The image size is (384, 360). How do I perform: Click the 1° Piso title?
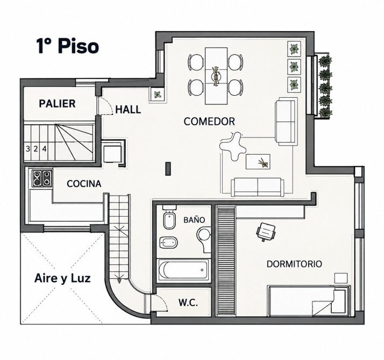pos(68,46)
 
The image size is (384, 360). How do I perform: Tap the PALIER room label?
pos(57,104)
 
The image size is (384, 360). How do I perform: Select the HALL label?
pos(128,110)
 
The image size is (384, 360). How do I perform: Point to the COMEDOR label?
pos(209,121)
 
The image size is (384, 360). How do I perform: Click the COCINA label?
pos(84,184)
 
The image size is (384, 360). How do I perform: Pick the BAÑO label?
pos(194,220)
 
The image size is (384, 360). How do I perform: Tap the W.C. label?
pos(188,303)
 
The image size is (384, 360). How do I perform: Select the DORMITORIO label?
pos(294,264)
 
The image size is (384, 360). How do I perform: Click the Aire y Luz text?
pos(62,278)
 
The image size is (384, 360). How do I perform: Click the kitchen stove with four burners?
pos(42,178)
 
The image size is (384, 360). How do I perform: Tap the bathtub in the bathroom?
pos(184,270)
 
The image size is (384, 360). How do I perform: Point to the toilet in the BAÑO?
pos(169,218)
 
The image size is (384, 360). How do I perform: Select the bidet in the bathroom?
pos(168,242)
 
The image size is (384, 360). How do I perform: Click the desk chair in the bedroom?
pos(266,232)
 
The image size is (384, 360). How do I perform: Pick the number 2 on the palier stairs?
pos(35,148)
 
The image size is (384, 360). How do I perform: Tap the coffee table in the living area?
pos(258,162)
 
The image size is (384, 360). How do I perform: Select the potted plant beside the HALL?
pos(157,94)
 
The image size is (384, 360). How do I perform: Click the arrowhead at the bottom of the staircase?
pos(119,280)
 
